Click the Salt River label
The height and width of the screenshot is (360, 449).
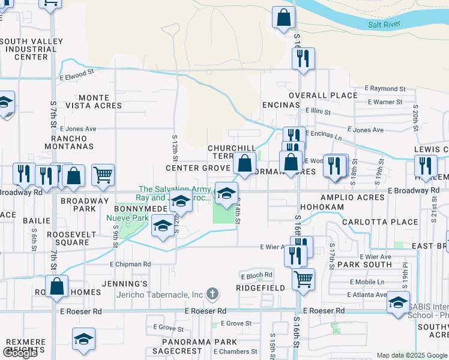(x=385, y=24)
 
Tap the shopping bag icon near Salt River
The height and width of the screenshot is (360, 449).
(x=283, y=17)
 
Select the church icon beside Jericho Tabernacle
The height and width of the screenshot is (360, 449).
(x=211, y=294)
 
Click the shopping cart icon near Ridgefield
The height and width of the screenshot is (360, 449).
(x=304, y=279)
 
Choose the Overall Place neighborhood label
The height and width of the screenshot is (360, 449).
(x=323, y=95)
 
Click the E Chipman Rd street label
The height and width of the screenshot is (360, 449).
(x=130, y=264)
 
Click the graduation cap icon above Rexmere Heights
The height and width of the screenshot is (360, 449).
(x=83, y=338)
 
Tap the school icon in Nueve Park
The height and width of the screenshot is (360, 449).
(x=162, y=226)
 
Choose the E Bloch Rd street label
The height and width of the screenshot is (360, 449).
(x=256, y=275)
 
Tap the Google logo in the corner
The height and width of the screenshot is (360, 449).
(x=20, y=353)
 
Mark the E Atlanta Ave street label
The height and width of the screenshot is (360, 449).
(x=369, y=295)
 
